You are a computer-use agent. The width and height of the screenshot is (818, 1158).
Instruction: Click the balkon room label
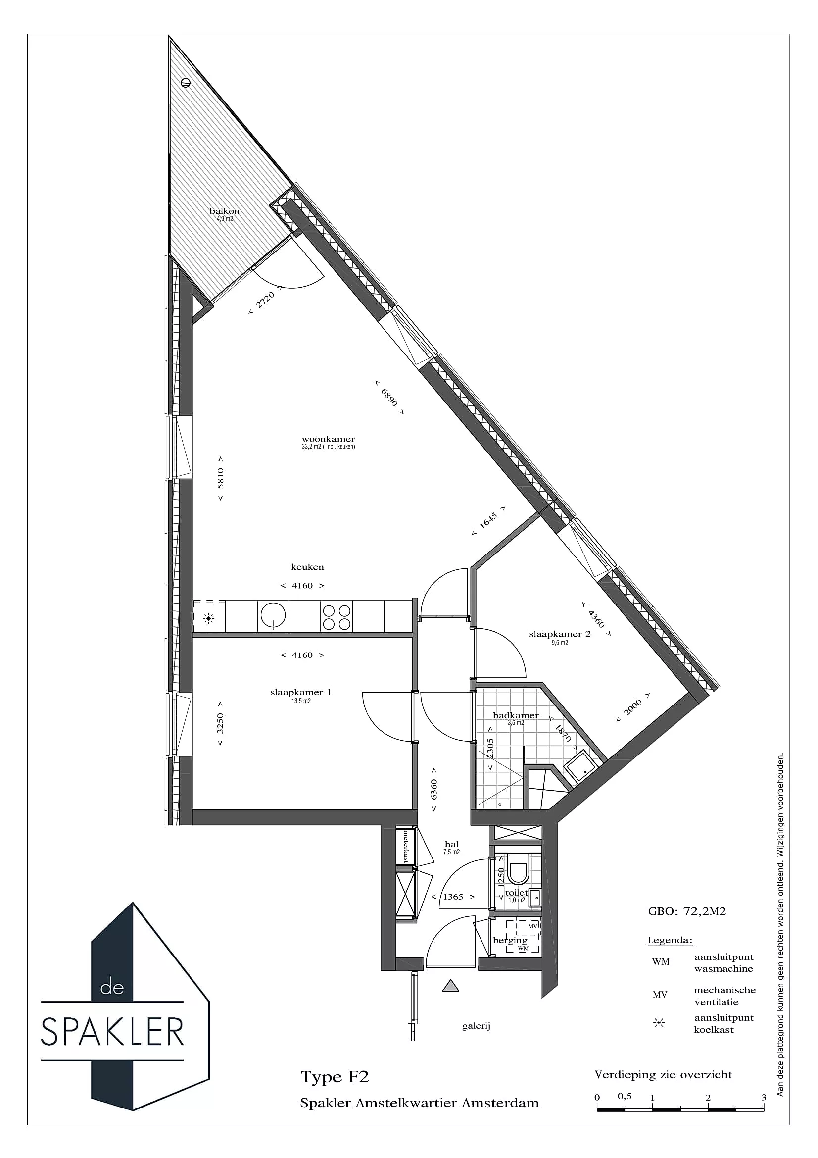tap(224, 211)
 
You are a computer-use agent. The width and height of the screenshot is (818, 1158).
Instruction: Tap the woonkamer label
tap(328, 439)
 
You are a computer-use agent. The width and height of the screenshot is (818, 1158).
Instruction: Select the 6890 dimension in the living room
tap(389, 397)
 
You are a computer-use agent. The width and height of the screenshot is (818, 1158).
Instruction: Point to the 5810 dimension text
tap(220, 479)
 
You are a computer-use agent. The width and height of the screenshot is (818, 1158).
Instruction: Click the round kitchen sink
tap(273, 615)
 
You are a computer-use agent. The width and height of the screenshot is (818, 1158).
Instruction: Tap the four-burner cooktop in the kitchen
tap(336, 617)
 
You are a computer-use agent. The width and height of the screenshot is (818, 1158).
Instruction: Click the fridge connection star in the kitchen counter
tap(208, 618)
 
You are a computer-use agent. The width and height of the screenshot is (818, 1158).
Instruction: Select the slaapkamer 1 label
tap(301, 692)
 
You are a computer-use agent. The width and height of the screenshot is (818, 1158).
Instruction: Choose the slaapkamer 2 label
tap(560, 634)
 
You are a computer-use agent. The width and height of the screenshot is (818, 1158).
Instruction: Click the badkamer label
tap(516, 715)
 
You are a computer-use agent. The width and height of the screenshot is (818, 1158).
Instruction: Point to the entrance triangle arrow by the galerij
tap(451, 985)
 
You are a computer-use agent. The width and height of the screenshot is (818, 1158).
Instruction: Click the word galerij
tap(476, 1025)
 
